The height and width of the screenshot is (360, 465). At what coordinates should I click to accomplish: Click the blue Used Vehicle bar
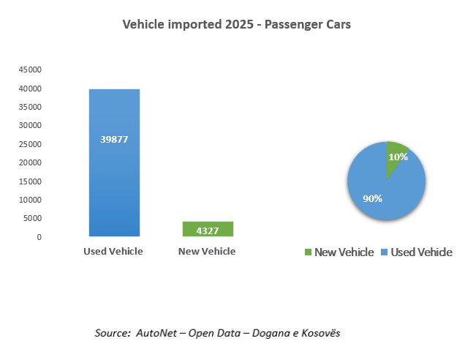point(114,183)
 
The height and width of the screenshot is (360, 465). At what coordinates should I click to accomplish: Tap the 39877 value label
point(114,139)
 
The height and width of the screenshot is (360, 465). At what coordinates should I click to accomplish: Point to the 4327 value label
point(208,230)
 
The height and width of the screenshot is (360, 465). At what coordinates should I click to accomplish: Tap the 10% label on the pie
point(398,157)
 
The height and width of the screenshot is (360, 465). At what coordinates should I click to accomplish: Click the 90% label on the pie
point(372,198)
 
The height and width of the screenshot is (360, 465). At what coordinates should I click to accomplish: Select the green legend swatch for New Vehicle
point(309,252)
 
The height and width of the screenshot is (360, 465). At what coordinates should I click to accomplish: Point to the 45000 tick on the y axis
point(30,70)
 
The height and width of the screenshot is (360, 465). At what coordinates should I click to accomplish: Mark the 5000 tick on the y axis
point(32,219)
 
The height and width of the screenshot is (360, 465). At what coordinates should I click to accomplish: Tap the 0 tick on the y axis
point(39,237)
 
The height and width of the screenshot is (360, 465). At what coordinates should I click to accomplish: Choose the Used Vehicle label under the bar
point(113,252)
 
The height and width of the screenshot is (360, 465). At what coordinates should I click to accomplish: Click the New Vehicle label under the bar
point(208,252)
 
